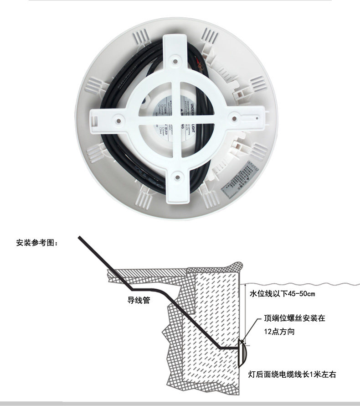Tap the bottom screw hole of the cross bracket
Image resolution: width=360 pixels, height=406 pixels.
coord(177,174)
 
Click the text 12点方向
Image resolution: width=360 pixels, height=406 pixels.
coord(279,332)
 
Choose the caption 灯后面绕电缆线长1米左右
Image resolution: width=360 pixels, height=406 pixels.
coord(292,375)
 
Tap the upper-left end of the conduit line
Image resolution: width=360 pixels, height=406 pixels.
coord(80,237)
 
